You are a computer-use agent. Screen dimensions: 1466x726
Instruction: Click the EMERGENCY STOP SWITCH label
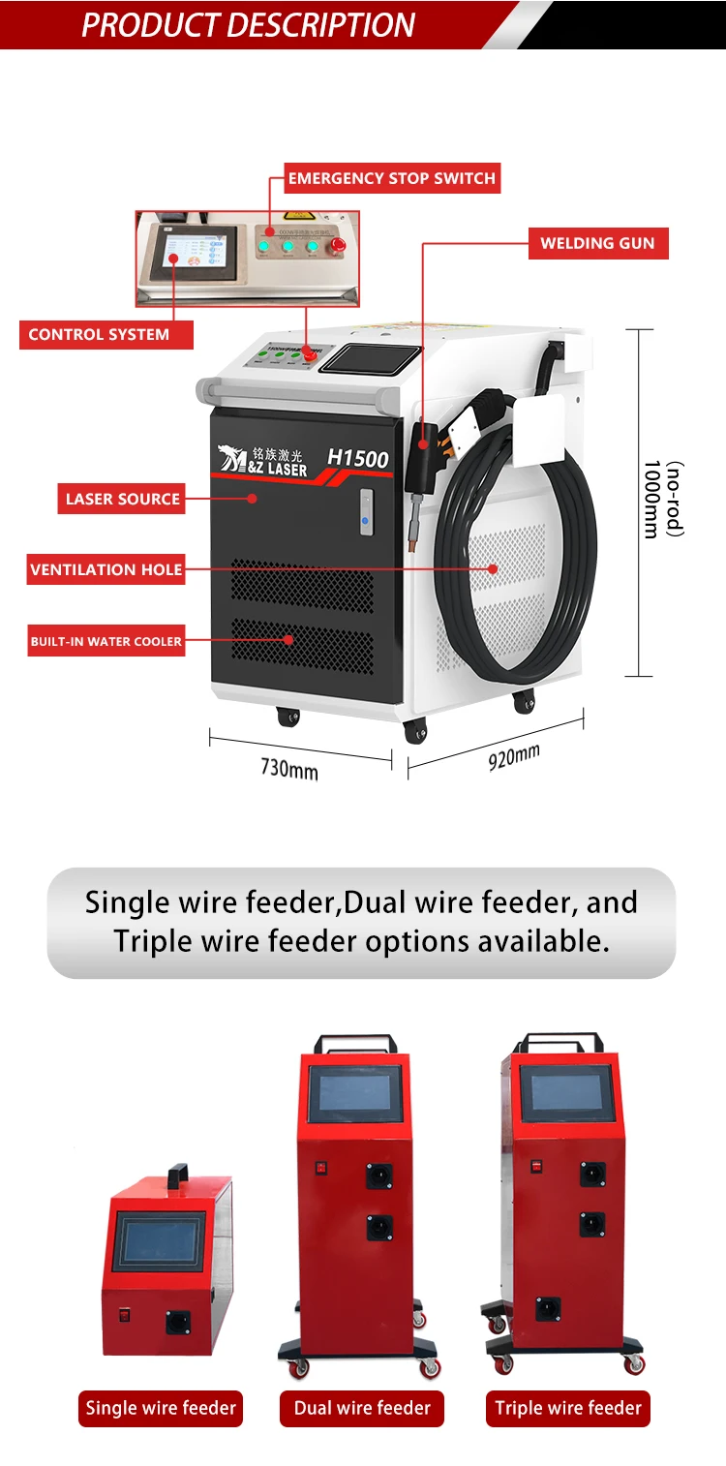click(x=392, y=178)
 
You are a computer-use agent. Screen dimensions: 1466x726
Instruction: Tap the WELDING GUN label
click(x=597, y=243)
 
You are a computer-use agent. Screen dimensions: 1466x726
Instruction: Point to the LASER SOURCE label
click(x=123, y=500)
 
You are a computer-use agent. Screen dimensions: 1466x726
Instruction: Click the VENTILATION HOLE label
click(x=106, y=569)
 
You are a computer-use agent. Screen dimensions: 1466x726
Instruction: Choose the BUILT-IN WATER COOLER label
click(x=106, y=641)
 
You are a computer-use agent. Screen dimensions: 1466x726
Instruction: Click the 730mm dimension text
click(x=288, y=769)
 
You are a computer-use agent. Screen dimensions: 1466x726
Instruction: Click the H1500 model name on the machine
click(x=357, y=458)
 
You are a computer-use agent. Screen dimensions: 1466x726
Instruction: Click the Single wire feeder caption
click(x=161, y=1408)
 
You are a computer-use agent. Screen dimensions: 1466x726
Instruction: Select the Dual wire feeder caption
click(x=362, y=1408)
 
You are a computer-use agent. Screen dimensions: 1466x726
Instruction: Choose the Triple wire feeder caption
click(x=568, y=1408)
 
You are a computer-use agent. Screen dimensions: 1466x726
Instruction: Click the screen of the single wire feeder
click(x=159, y=1241)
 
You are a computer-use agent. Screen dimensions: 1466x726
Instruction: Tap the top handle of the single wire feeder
click(x=176, y=1176)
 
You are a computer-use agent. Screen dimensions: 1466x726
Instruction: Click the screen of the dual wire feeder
click(x=355, y=1093)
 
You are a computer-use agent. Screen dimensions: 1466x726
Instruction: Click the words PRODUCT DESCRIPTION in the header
click(x=248, y=25)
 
